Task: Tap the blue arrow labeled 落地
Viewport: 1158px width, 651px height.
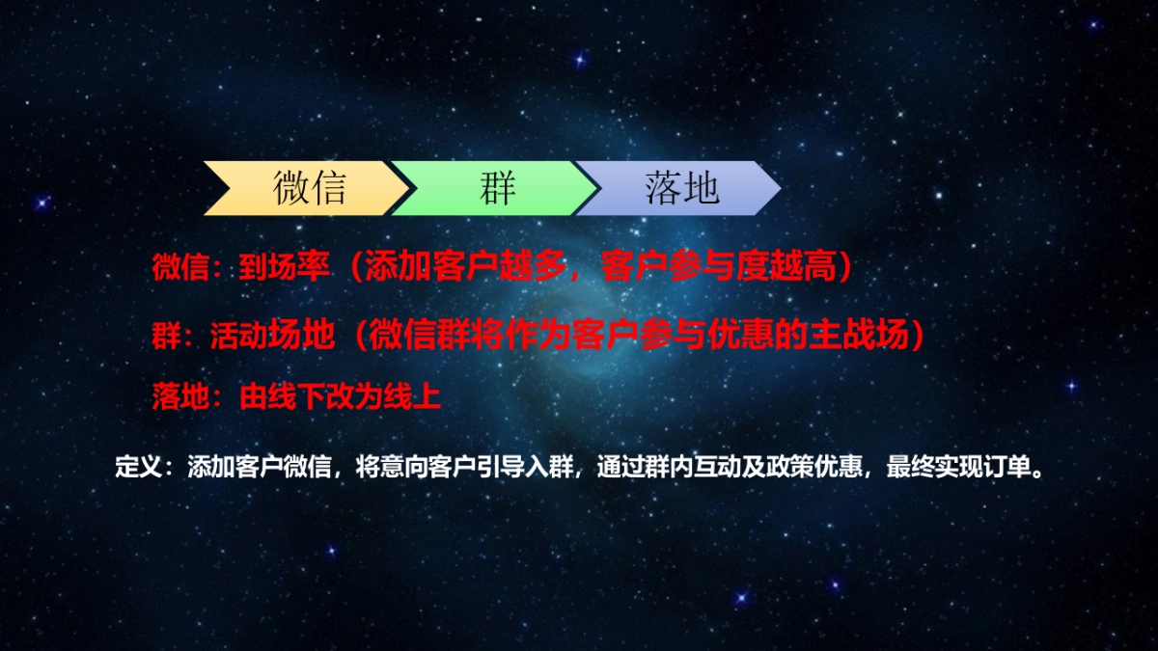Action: click(x=681, y=188)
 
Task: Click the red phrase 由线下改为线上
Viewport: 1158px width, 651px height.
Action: click(x=340, y=396)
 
